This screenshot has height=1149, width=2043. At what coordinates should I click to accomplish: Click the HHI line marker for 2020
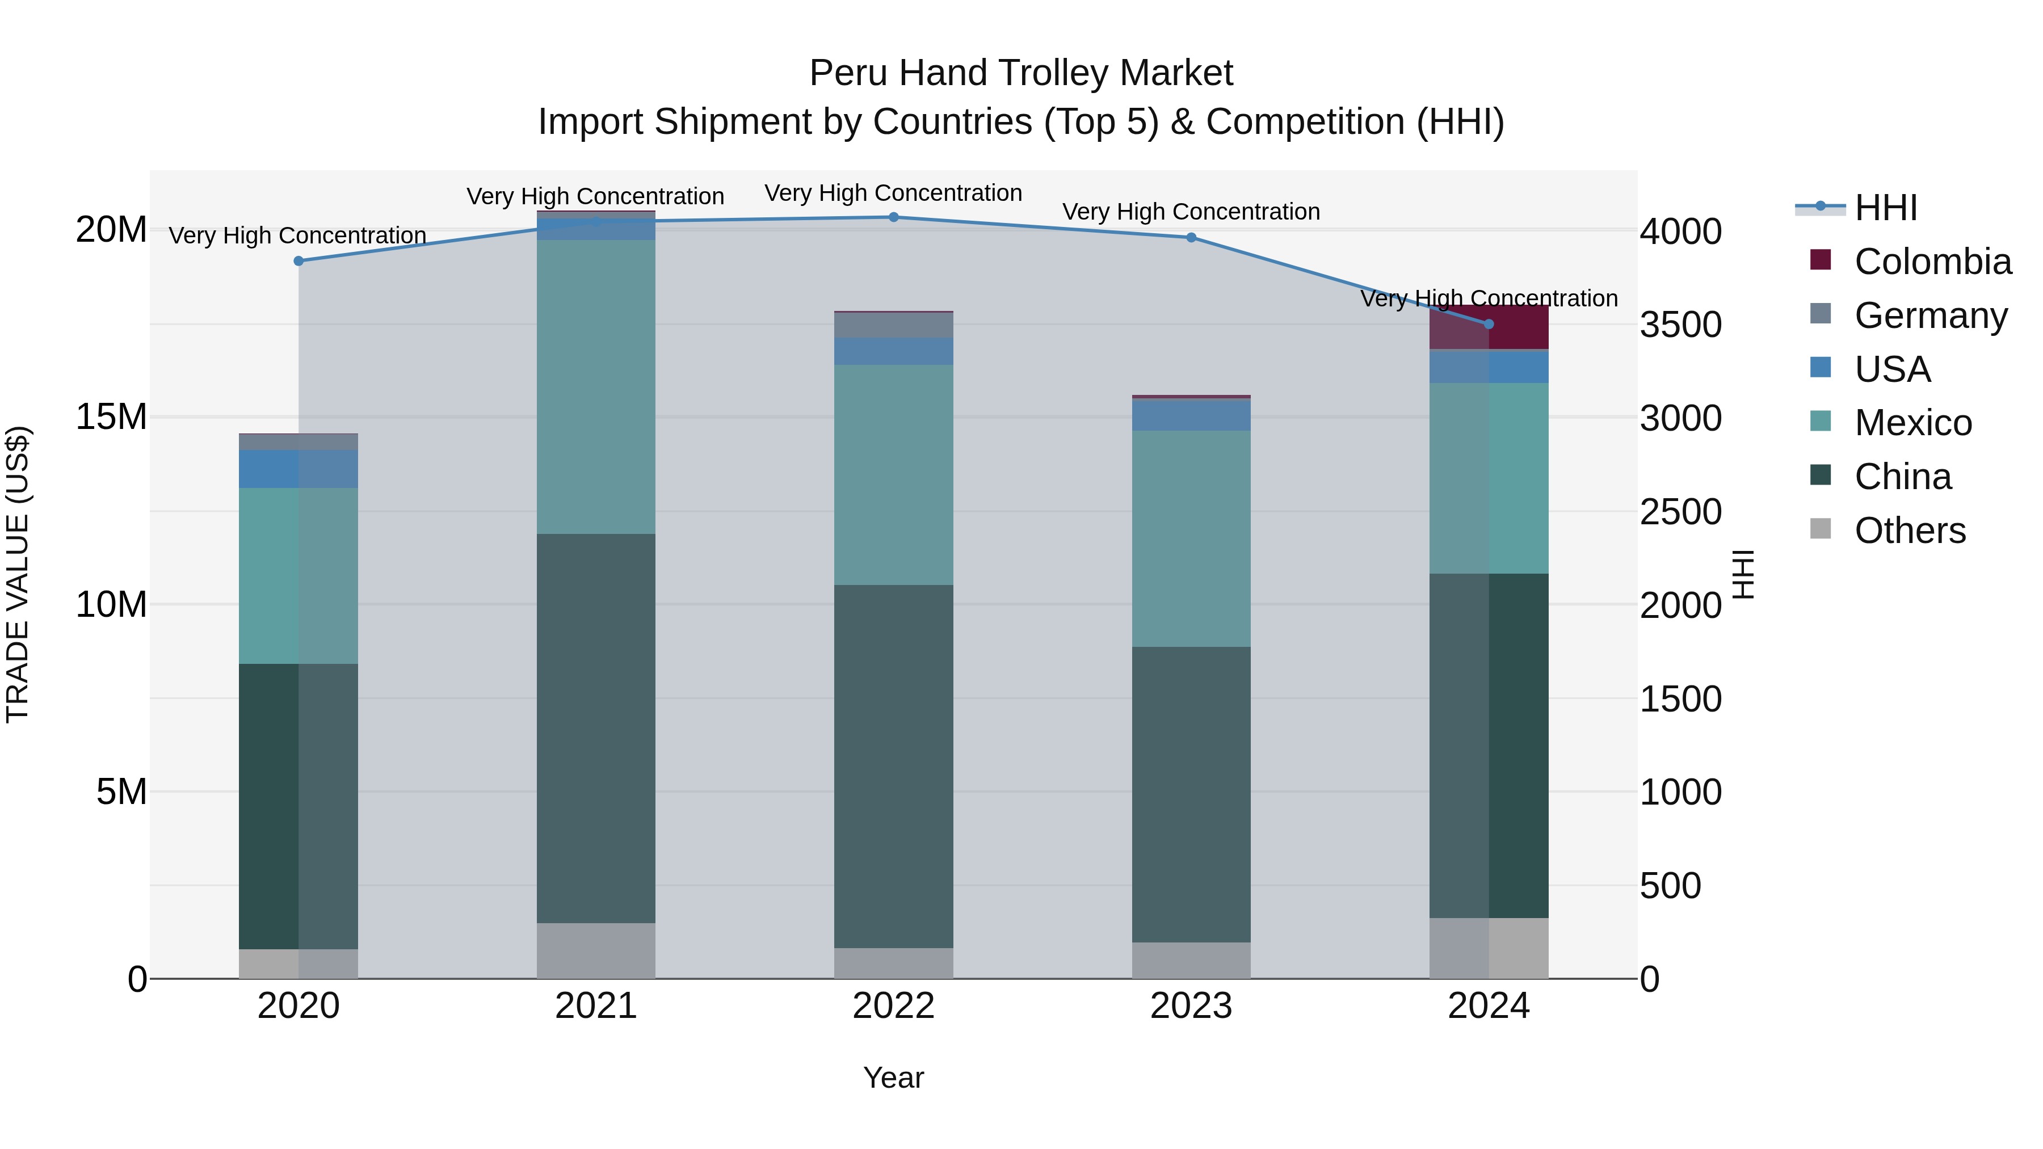(298, 261)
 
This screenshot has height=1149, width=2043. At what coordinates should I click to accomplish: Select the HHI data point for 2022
(893, 217)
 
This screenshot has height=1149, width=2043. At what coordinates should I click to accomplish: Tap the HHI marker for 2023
(1191, 238)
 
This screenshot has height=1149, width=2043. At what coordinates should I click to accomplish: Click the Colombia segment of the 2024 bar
(1518, 327)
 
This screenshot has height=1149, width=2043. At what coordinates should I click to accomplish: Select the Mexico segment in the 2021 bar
(596, 387)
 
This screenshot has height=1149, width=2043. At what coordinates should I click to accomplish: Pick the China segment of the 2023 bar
(1191, 794)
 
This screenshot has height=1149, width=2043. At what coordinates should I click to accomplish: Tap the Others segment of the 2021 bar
(596, 950)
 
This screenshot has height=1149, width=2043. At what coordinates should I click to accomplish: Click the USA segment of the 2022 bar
(893, 351)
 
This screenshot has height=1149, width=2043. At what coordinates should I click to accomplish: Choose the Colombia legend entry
(1932, 262)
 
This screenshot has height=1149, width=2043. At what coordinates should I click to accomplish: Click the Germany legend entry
(1931, 315)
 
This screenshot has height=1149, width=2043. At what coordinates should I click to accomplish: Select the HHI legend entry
(1885, 208)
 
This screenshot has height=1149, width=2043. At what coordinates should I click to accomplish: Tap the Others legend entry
(1910, 531)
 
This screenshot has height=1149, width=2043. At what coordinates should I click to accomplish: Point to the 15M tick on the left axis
(111, 417)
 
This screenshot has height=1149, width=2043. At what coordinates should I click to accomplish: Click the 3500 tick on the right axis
(1680, 325)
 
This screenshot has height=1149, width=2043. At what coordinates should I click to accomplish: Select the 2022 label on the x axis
(893, 1006)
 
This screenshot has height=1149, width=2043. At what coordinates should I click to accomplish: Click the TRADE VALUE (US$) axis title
(18, 574)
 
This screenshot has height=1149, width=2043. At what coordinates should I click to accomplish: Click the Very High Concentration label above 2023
(1191, 212)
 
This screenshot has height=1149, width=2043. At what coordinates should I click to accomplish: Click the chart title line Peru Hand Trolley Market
(1021, 73)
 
